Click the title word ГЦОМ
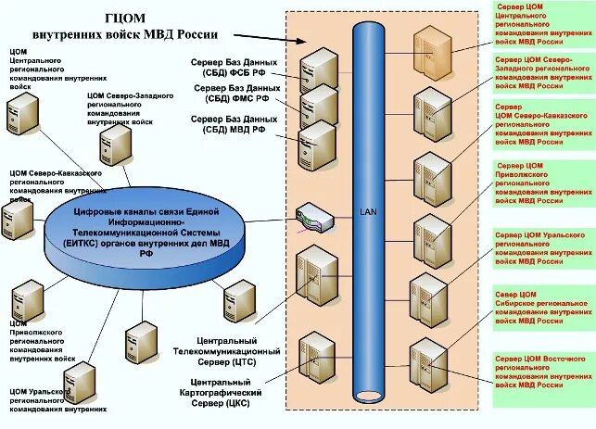click(123, 16)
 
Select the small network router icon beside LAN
click(312, 220)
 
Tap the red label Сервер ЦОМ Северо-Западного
click(532, 71)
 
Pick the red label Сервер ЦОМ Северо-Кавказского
click(532, 125)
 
